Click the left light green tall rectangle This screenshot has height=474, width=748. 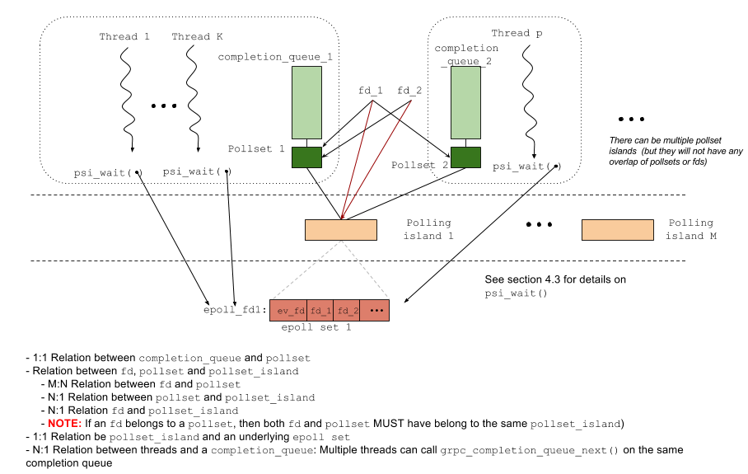(306, 102)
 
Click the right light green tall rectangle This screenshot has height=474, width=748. (465, 102)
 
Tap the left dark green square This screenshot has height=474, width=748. (306, 157)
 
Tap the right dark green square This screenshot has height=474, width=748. (465, 157)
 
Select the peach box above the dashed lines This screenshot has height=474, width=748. (341, 230)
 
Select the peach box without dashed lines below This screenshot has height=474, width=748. (618, 230)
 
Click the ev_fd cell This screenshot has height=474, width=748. (288, 311)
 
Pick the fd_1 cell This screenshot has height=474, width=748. (320, 311)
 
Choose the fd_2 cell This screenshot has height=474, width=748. (347, 311)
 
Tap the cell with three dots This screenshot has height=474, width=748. (375, 311)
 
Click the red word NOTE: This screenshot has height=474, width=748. (65, 423)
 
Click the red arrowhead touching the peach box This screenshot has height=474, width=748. (342, 216)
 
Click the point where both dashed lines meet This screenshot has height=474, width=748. (341, 242)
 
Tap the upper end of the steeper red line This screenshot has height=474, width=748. (372, 101)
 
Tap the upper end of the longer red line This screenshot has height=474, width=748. (411, 101)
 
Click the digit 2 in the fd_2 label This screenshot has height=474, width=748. (355, 311)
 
